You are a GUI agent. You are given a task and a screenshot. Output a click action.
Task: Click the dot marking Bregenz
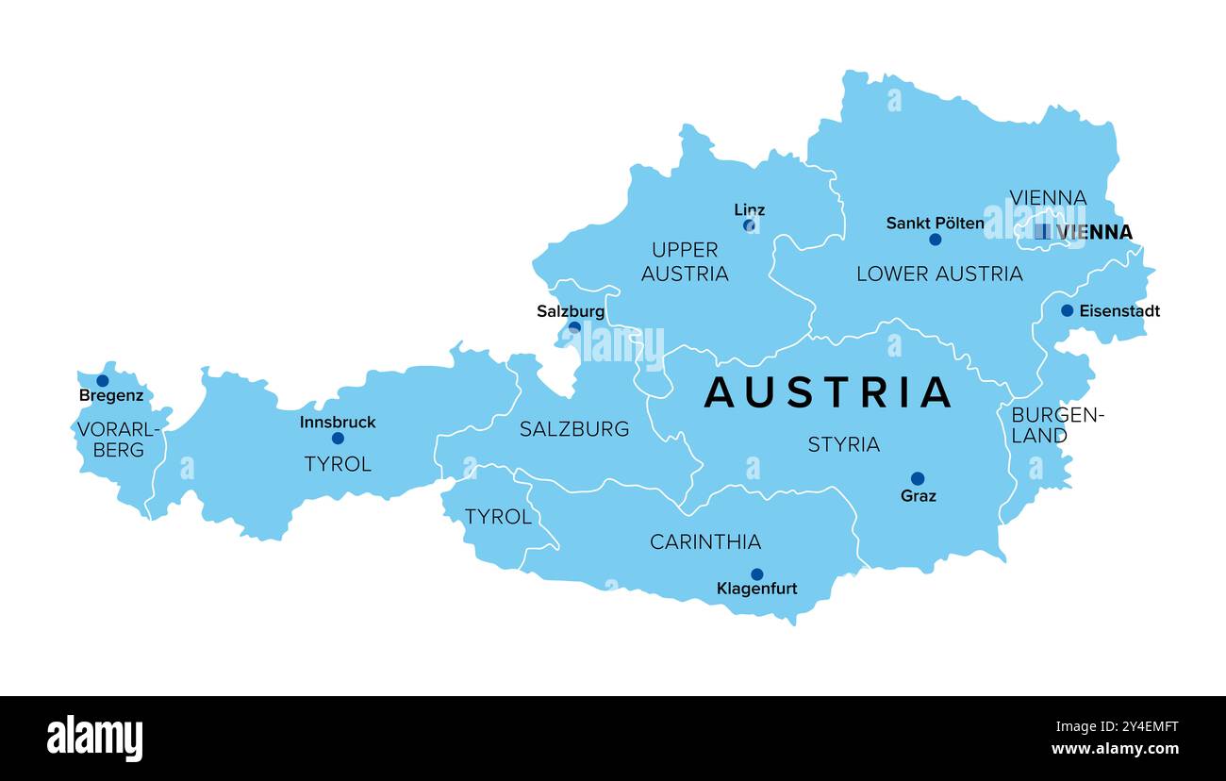tap(102, 381)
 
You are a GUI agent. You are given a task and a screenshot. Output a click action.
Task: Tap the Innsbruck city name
tap(338, 422)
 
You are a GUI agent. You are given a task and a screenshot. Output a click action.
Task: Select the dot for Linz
tap(749, 225)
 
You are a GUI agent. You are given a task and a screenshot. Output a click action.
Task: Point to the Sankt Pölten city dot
tap(935, 240)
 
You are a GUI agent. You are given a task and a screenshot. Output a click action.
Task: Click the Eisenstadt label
tap(1118, 310)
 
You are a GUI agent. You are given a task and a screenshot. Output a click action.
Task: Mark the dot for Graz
tap(917, 478)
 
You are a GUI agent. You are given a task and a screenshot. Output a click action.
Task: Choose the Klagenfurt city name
tap(756, 589)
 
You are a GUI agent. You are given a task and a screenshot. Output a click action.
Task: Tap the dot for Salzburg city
tap(574, 327)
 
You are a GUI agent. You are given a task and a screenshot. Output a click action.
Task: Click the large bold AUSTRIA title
tap(828, 392)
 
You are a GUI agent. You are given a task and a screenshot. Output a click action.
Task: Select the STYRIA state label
tap(843, 444)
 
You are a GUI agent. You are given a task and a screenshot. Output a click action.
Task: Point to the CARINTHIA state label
tap(705, 541)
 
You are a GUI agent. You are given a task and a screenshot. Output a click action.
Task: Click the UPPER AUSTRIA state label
tap(685, 261)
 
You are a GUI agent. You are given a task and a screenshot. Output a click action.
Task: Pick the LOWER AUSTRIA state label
tap(938, 274)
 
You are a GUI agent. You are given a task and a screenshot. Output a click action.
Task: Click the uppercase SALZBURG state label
tap(574, 429)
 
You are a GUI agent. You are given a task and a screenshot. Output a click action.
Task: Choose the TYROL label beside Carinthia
tap(498, 517)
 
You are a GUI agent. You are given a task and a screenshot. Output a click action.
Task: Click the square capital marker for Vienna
tap(1041, 231)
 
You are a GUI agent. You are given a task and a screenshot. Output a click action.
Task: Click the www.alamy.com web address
tap(1115, 750)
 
